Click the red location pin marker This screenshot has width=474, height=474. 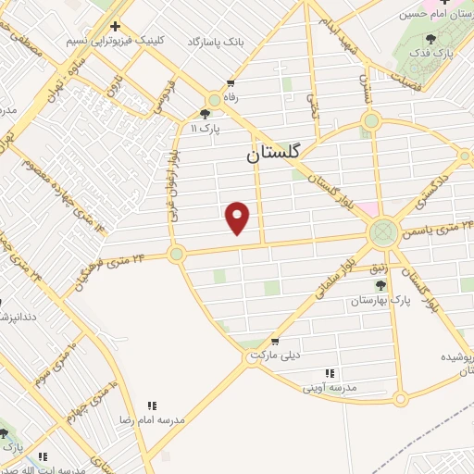239,218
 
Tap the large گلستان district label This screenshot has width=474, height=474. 281,155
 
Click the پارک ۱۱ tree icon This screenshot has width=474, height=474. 205,114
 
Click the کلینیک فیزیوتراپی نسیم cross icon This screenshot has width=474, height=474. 115,27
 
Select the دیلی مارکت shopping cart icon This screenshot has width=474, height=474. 274,340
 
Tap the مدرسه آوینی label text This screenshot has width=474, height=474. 325,388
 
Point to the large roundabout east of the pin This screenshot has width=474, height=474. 381,232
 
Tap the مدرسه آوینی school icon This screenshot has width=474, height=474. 330,373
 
